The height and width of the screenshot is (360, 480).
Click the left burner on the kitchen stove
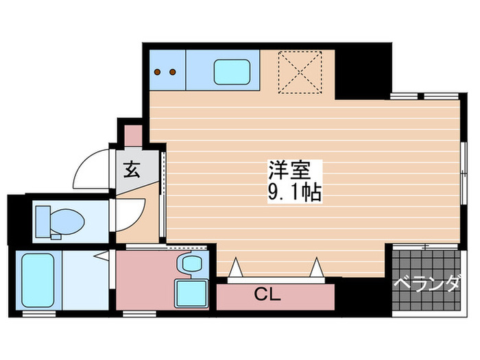158,71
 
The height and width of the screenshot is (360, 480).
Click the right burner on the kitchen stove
172,71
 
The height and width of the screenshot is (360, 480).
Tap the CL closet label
268,295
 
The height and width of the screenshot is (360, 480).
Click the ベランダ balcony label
426,283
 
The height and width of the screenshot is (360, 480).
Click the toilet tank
43,221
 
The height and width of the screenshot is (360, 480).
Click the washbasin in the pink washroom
190,263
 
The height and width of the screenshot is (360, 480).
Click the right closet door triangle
317,266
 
